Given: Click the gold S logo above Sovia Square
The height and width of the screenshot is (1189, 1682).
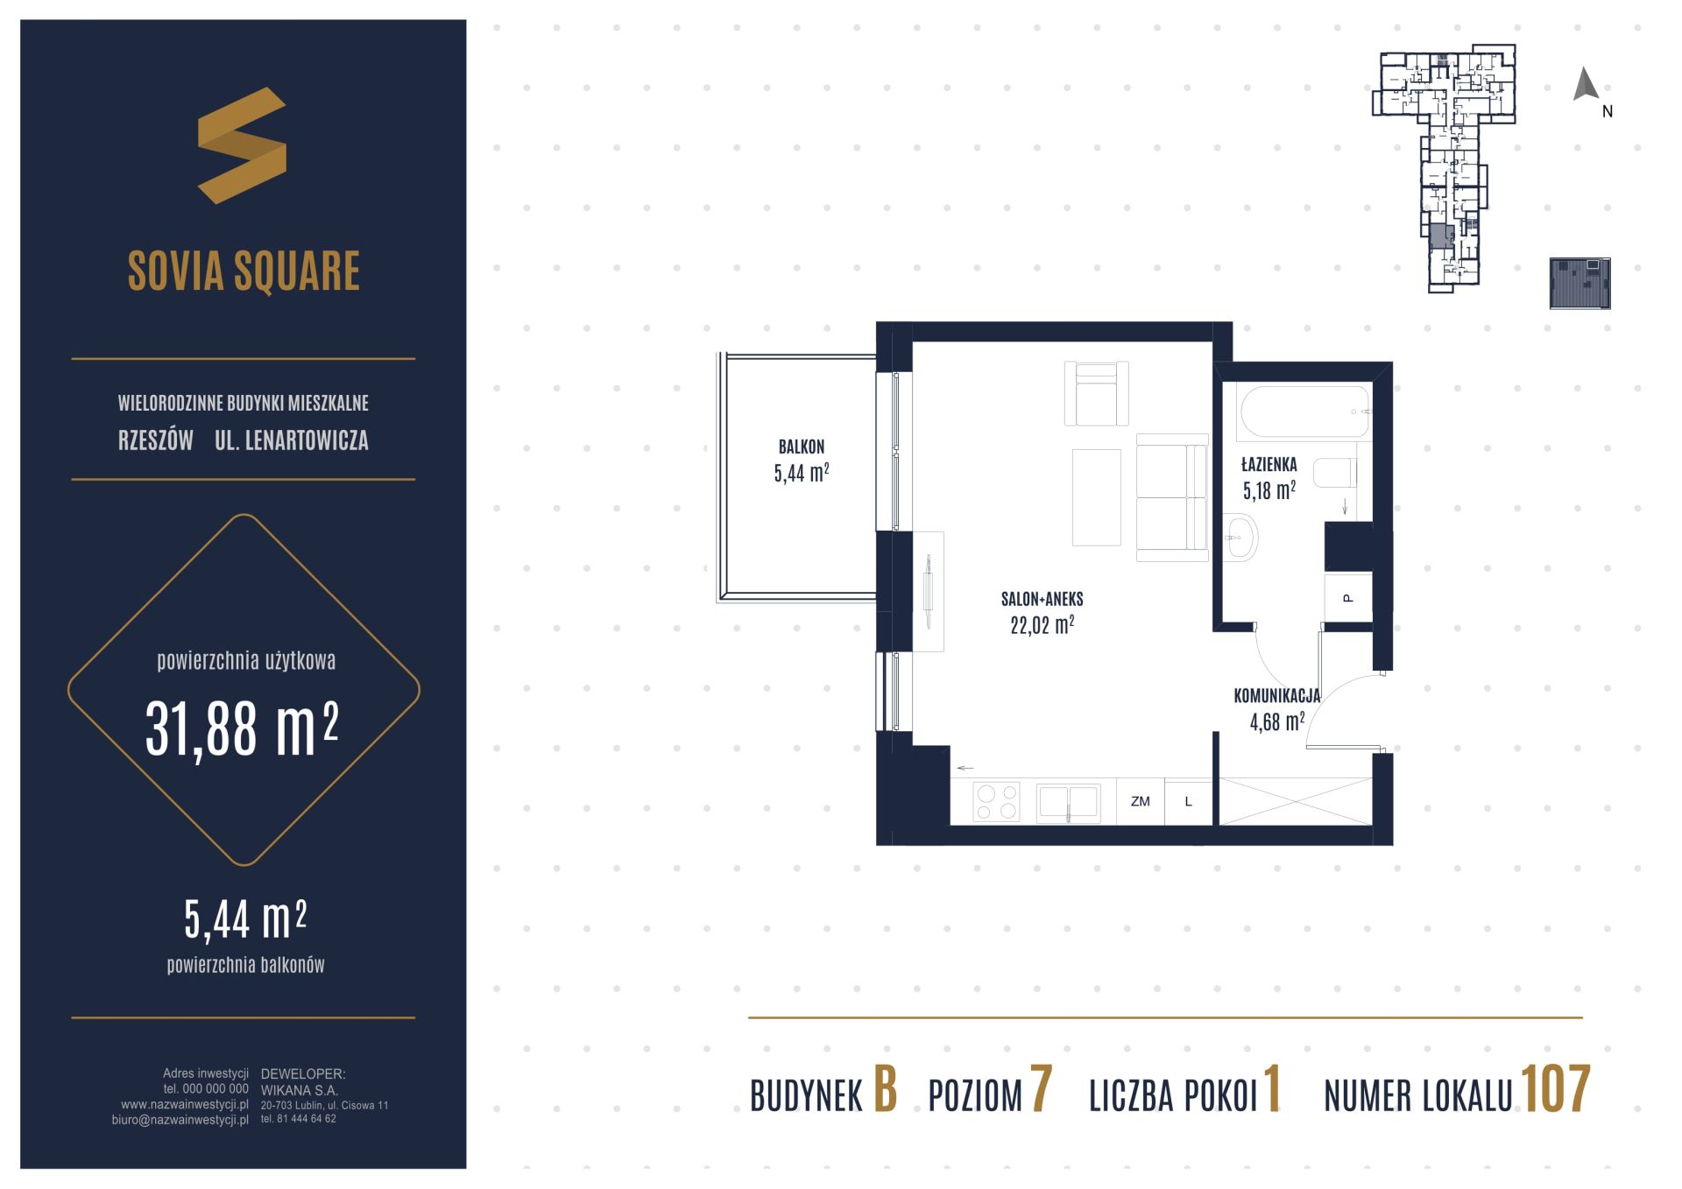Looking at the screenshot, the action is pos(242,145).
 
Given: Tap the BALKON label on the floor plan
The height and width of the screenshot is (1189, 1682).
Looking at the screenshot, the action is pos(802,447).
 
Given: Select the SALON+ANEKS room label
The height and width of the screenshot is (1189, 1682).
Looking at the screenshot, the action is pos(1042,600).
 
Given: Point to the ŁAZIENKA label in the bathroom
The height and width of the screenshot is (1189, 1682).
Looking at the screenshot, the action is pos(1269,465).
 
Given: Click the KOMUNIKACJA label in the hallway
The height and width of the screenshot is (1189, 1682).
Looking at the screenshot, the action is pos(1276,696).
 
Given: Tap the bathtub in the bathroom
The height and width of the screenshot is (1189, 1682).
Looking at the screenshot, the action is pos(1304,412).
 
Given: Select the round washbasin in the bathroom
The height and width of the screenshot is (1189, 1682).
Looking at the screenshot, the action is pos(1240,537).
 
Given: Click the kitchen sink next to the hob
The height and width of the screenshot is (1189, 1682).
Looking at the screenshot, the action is pos(1068,802).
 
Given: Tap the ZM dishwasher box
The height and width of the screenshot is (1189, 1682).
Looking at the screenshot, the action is pos(1140,802).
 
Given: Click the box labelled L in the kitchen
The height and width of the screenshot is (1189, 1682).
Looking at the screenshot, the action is pos(1188,802).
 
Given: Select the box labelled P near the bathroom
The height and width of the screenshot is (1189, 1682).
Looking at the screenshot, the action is pos(1347,598).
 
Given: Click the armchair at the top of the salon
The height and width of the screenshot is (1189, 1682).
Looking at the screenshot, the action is pos(1096,394).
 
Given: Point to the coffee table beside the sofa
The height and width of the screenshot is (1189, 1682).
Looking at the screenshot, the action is pos(1096,497).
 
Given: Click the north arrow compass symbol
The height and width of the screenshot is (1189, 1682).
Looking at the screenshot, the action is pos(1586,84).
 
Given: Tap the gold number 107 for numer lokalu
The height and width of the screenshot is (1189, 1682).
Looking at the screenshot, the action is pos(1555,1090).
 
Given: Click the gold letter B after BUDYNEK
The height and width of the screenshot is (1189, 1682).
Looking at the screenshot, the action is pos(886,1090).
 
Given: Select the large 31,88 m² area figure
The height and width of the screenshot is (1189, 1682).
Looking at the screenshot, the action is pos(242,728).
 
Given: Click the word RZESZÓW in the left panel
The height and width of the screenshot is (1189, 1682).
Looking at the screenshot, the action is pos(156,440).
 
